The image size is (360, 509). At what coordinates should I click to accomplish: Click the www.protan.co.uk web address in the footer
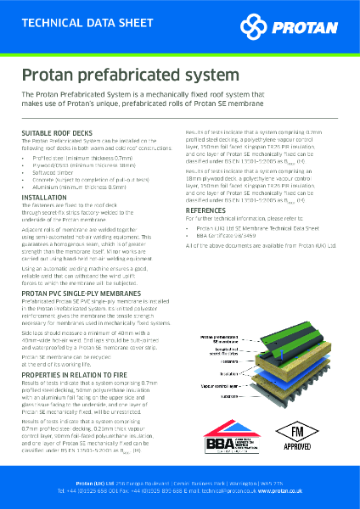284,491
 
